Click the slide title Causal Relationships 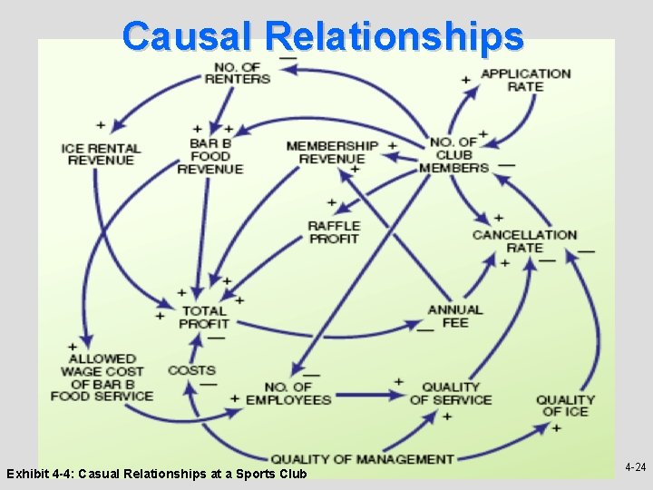pyautogui.click(x=324, y=36)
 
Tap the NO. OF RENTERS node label pyautogui.click(x=238, y=72)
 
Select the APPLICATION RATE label pyautogui.click(x=525, y=80)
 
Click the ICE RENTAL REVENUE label pyautogui.click(x=101, y=154)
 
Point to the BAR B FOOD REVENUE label pyautogui.click(x=210, y=155)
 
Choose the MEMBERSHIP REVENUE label pyautogui.click(x=332, y=152)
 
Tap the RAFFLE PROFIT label pyautogui.click(x=334, y=232)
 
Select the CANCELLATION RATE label pyautogui.click(x=524, y=241)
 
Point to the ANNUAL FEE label pyautogui.click(x=455, y=316)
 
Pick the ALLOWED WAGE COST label pyautogui.click(x=102, y=377)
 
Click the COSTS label pyautogui.click(x=191, y=370)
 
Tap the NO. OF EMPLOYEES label pyautogui.click(x=288, y=393)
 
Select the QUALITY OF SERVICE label pyautogui.click(x=450, y=393)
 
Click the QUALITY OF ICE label pyautogui.click(x=565, y=406)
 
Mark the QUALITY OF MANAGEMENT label pyautogui.click(x=362, y=459)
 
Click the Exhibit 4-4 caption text pyautogui.click(x=156, y=474)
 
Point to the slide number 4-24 pyautogui.click(x=635, y=467)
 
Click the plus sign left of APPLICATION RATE pyautogui.click(x=466, y=80)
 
